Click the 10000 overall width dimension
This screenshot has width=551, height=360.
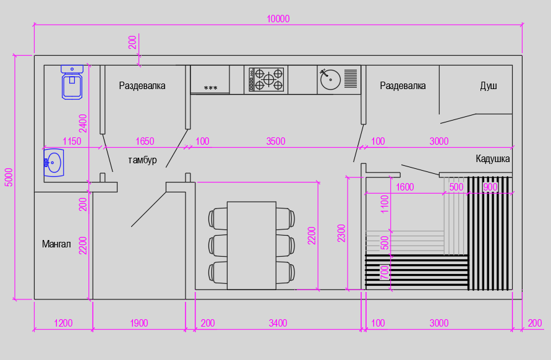click(278, 19)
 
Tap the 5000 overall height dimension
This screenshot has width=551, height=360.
click(9, 177)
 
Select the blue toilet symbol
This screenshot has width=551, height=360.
click(72, 82)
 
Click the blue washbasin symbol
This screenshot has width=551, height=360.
click(54, 163)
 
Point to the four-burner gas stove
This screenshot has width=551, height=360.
click(266, 79)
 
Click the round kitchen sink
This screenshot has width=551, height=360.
click(330, 80)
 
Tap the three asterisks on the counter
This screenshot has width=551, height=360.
click(210, 88)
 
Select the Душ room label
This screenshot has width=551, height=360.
click(489, 86)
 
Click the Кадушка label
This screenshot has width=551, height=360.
click(493, 159)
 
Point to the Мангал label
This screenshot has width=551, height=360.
click(56, 244)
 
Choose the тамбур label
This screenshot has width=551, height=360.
click(142, 160)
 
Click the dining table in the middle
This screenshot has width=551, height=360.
click(252, 246)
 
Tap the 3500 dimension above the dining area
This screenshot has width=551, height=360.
click(276, 141)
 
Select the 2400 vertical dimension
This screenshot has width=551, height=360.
click(83, 123)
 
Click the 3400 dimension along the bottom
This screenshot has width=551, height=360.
click(278, 323)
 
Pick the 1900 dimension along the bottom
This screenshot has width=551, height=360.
click(139, 323)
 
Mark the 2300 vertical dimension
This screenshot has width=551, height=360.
click(341, 233)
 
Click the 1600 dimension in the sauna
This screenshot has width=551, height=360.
click(405, 187)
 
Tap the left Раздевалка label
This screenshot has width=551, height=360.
click(142, 86)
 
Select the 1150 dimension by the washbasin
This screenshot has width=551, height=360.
click(72, 141)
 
